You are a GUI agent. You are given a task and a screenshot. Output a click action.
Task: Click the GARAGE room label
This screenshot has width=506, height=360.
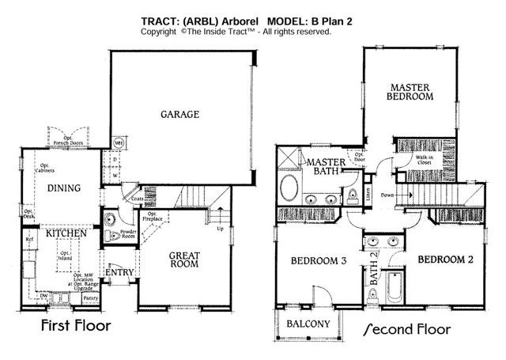(x=180, y=114)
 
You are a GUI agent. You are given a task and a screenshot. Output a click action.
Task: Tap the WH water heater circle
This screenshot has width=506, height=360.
(x=118, y=142)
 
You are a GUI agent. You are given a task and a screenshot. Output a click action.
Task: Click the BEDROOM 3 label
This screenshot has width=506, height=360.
(x=314, y=260)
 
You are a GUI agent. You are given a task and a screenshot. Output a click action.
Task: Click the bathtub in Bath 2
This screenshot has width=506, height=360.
(x=391, y=282)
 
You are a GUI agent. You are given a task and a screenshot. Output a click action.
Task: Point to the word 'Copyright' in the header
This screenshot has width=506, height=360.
(x=160, y=32)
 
